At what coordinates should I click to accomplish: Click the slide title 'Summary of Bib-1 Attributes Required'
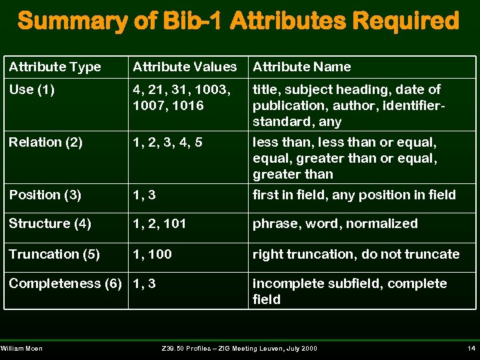tap(239, 21)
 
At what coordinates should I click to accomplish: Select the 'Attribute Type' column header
tap(55, 67)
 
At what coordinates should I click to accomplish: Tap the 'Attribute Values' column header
tap(185, 67)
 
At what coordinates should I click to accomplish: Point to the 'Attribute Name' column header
tap(301, 67)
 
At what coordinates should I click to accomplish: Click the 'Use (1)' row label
tap(31, 89)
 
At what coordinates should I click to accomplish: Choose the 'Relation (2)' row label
tap(45, 142)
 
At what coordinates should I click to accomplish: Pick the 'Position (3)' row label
tap(45, 195)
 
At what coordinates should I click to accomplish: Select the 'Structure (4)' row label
tap(50, 223)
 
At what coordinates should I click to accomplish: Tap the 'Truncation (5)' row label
tap(54, 254)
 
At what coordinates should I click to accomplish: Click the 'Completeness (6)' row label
tap(65, 283)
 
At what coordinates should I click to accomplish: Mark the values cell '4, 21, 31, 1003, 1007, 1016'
tap(181, 97)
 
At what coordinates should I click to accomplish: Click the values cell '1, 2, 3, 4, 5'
tap(167, 142)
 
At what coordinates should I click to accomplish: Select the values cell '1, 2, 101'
tap(159, 223)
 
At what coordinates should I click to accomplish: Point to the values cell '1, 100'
tap(152, 254)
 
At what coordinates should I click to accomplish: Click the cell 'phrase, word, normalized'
tap(335, 223)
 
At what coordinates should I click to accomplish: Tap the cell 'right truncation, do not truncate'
tap(355, 254)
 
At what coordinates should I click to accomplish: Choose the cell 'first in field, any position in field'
tap(354, 195)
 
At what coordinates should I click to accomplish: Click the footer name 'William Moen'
tap(22, 349)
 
